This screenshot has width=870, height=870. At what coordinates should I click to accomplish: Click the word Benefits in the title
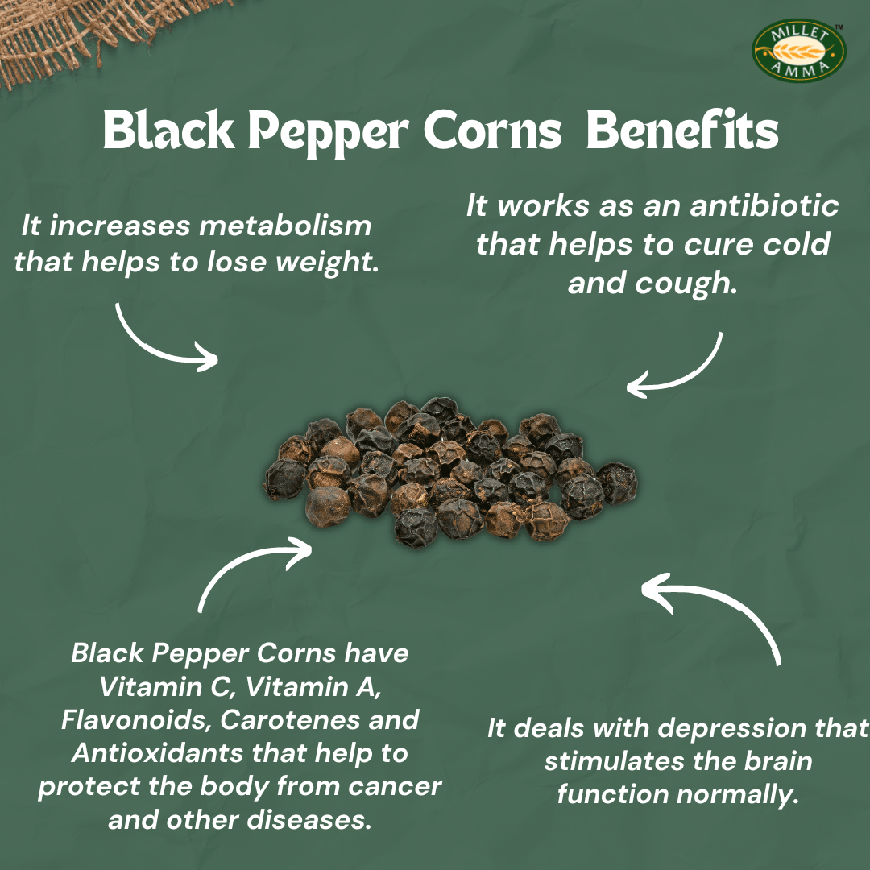[x=681, y=131]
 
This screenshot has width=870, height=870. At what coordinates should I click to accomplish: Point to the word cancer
[x=397, y=786]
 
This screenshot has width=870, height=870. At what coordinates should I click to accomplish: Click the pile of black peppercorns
[x=451, y=471]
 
